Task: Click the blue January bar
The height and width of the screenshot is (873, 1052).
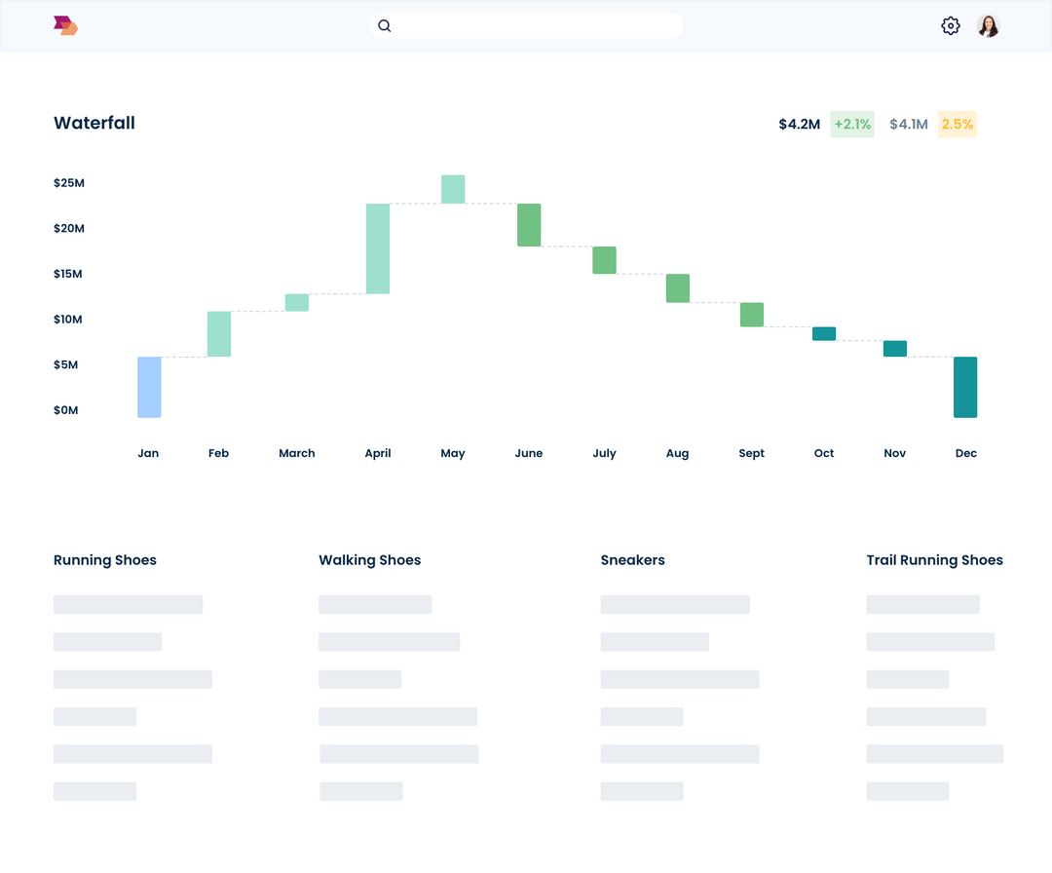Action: click(x=149, y=387)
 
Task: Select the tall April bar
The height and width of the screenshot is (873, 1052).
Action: click(x=378, y=248)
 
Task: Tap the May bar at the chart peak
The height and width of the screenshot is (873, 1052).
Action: click(x=453, y=189)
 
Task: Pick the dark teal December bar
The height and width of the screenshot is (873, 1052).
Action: click(x=965, y=387)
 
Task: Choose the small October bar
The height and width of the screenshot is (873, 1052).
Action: click(x=824, y=333)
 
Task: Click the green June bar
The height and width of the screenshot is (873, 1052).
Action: click(x=529, y=225)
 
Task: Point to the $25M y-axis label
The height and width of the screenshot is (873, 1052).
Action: click(x=69, y=183)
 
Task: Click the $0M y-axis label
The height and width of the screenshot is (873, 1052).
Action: click(x=66, y=410)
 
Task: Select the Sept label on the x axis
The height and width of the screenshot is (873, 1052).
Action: click(x=752, y=453)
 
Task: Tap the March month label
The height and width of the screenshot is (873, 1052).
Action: click(x=297, y=453)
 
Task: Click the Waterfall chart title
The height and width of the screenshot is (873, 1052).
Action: click(x=94, y=123)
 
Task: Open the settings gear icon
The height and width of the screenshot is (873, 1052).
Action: click(x=951, y=26)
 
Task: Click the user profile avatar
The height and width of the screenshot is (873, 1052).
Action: click(x=989, y=26)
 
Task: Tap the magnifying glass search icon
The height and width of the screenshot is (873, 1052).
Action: click(x=385, y=26)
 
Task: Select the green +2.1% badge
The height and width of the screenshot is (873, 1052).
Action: click(x=852, y=124)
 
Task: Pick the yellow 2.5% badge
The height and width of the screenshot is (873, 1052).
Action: click(x=958, y=124)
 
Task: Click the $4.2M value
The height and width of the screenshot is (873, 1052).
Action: click(x=799, y=124)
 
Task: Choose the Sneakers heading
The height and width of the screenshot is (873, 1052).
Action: click(x=633, y=560)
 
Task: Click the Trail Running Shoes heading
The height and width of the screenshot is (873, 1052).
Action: click(x=934, y=560)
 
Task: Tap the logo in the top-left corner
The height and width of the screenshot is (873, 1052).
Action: click(x=65, y=26)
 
